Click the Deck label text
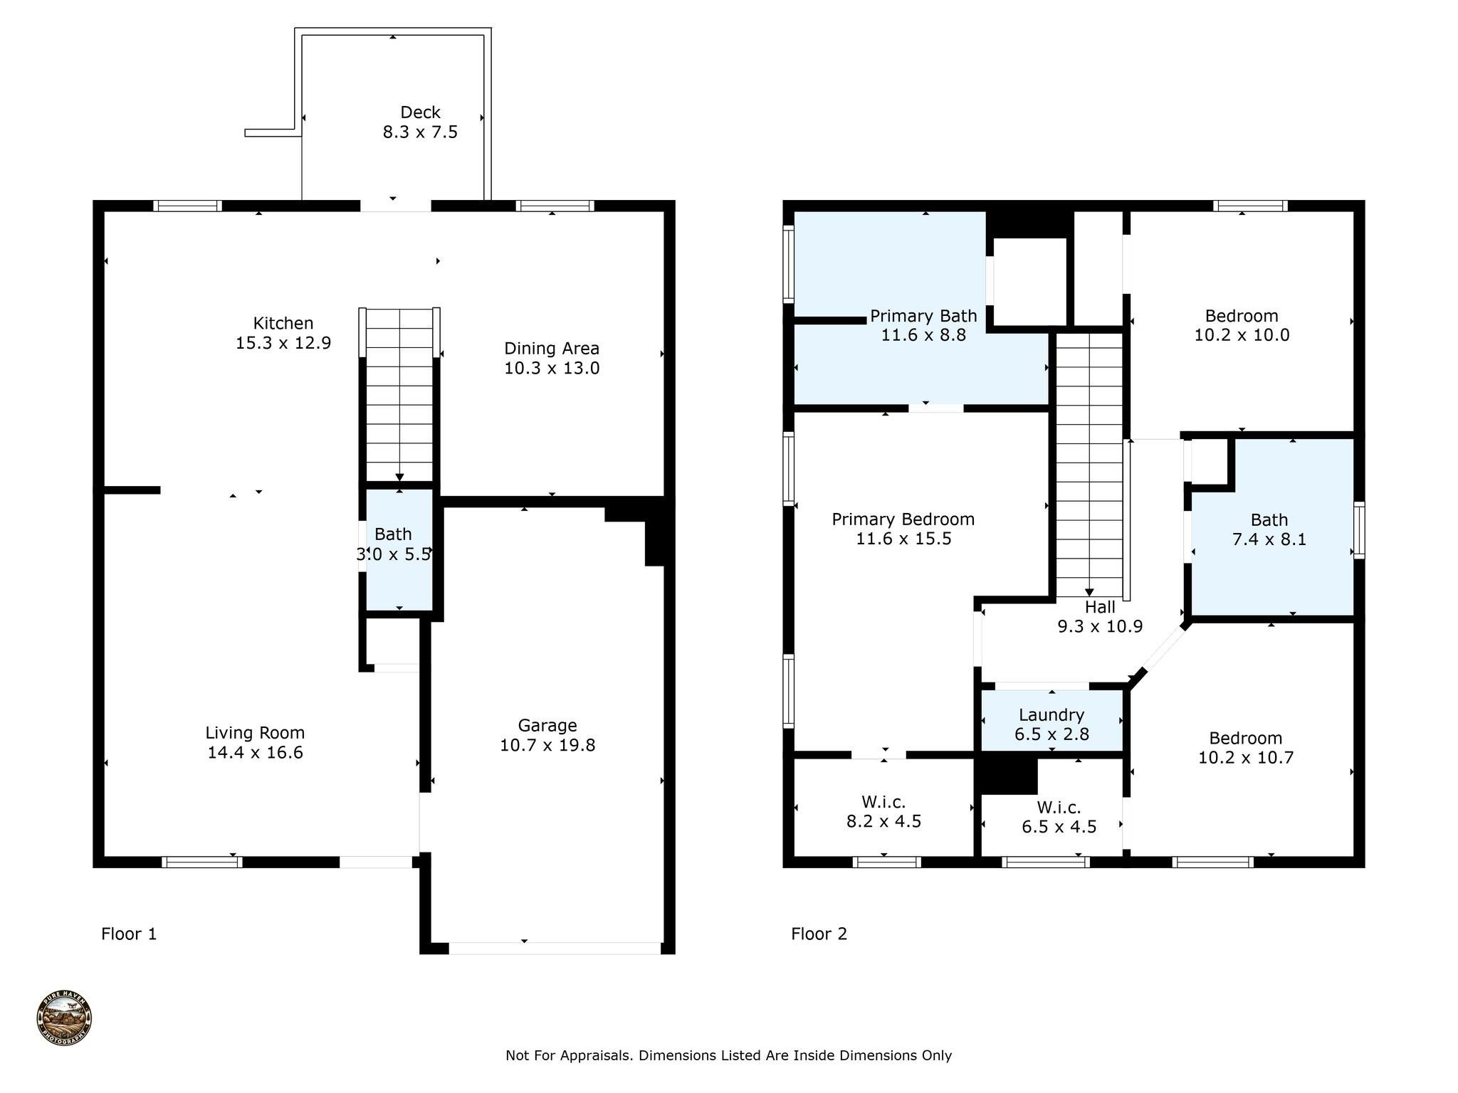tap(420, 112)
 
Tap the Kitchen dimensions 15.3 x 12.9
tap(283, 343)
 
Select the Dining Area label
tap(552, 349)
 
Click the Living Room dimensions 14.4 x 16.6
tap(255, 753)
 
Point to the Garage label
tap(547, 726)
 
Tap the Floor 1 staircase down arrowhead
tap(399, 477)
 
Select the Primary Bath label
tap(923, 316)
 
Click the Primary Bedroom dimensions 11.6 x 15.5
tap(903, 539)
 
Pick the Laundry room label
tap(1051, 715)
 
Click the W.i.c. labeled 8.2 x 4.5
tap(883, 812)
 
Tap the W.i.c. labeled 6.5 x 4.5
tap(1059, 817)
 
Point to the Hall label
tap(1100, 608)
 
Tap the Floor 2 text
tap(819, 934)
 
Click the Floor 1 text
tap(129, 934)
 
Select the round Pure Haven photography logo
tap(64, 1019)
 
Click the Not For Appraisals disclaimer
tap(728, 1055)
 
